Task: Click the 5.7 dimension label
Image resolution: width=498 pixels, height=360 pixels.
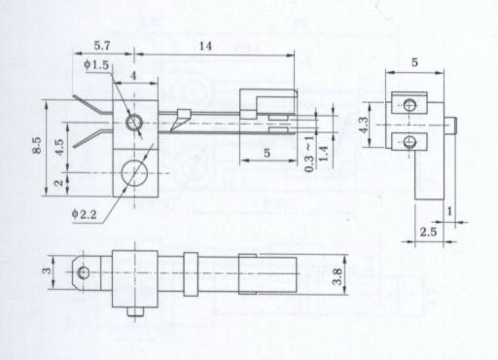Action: point(102,46)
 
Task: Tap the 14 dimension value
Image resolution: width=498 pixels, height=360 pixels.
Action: point(205,46)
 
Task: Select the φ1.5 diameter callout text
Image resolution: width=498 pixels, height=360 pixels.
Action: point(96,65)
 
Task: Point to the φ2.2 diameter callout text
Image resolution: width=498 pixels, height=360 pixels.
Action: point(84,214)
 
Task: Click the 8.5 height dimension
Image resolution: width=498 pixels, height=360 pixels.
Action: point(37,145)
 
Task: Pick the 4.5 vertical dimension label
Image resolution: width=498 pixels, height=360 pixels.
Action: point(59,147)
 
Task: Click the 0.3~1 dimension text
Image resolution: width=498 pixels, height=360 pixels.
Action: point(309,154)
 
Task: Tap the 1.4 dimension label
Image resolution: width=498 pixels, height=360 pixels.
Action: point(323,154)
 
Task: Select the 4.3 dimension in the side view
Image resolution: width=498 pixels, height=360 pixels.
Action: point(364,125)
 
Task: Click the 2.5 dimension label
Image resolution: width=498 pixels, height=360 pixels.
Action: point(428,232)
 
